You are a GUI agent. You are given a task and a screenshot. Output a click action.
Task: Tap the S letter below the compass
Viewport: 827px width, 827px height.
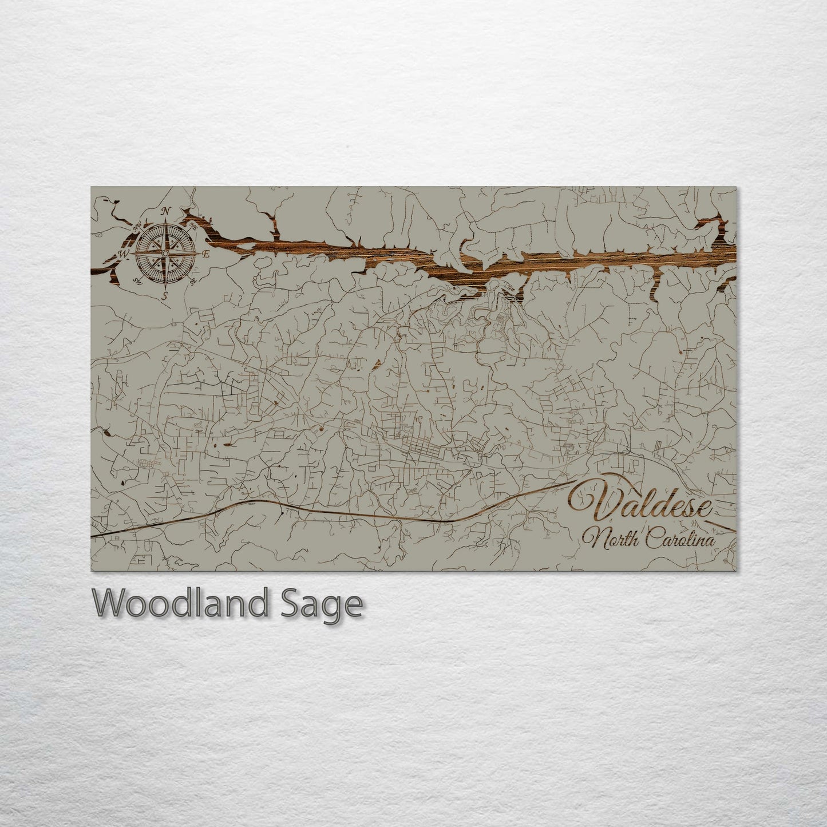165,295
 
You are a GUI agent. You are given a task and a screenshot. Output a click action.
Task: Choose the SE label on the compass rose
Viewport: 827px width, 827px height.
193,280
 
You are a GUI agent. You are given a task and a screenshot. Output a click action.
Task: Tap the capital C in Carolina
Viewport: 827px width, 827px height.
655,539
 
